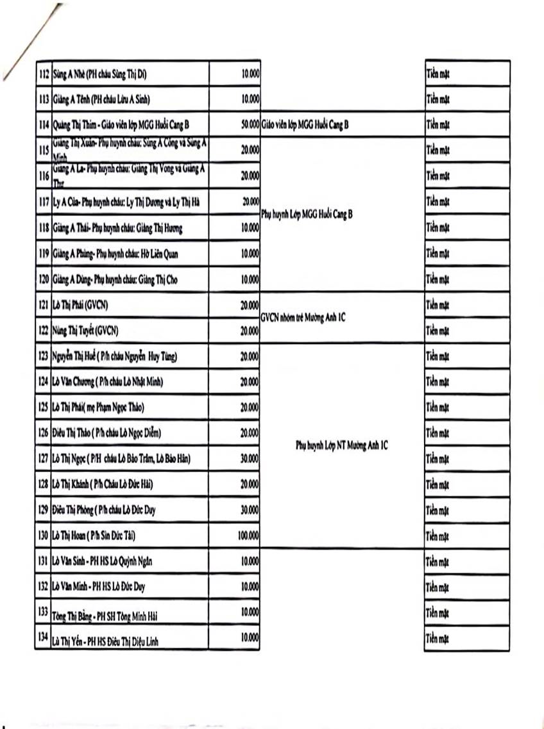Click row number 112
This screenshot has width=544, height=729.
[x=43, y=74]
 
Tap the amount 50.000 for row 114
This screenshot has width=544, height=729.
[x=250, y=124]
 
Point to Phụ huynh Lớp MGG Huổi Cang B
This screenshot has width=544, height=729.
[x=307, y=214]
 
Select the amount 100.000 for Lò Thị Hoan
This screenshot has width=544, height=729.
[x=248, y=534]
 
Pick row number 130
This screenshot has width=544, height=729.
[x=43, y=535]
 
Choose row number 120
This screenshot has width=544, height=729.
[x=43, y=279]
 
